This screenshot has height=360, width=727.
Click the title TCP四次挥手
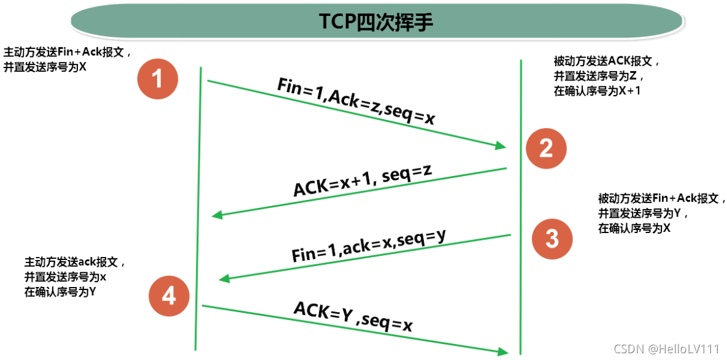376,21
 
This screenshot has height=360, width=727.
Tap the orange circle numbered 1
158,79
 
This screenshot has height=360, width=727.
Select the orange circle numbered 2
545,148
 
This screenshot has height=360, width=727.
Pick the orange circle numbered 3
552,238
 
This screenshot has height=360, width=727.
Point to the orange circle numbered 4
169,297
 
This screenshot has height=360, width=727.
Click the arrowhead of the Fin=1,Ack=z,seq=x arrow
500,146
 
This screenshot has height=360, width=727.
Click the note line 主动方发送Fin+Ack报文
67,52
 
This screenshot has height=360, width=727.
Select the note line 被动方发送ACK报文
606,62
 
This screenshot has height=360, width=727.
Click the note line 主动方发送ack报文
75,262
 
